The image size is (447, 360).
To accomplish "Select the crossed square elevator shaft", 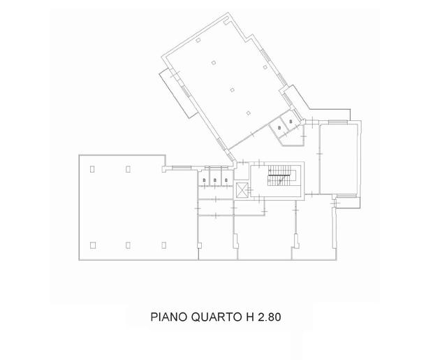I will pyautogui.click(x=242, y=189).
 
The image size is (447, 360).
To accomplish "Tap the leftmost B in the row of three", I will pyautogui.click(x=204, y=181).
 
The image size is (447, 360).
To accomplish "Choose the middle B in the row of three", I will pyautogui.click(x=215, y=181).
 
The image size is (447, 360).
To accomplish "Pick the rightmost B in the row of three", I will pyautogui.click(x=226, y=181).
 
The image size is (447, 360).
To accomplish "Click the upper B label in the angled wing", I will pyautogui.click(x=291, y=122).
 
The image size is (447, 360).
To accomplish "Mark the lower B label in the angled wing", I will pyautogui.click(x=279, y=129).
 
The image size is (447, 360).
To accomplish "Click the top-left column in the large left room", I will pyautogui.click(x=93, y=168).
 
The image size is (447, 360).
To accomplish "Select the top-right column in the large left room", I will pyautogui.click(x=128, y=168).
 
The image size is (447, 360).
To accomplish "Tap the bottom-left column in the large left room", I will pyautogui.click(x=93, y=244).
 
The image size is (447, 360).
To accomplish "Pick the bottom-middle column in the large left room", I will pyautogui.click(x=128, y=244).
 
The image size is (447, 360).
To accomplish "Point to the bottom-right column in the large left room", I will pyautogui.click(x=163, y=244).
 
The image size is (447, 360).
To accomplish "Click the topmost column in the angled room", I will pyautogui.click(x=198, y=43).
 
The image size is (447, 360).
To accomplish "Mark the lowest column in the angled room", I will pyautogui.click(x=248, y=113).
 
